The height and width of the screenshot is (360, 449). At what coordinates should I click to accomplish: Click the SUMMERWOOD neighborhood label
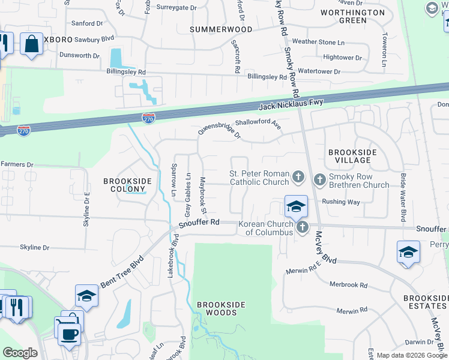(x=221, y=29)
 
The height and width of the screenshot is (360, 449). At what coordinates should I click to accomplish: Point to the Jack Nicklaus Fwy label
(x=291, y=105)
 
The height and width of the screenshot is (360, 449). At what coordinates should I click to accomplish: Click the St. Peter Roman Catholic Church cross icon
(x=298, y=177)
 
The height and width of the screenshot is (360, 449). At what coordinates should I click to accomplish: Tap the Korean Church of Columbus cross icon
(x=302, y=227)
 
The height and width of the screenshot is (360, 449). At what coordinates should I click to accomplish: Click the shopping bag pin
(x=31, y=44)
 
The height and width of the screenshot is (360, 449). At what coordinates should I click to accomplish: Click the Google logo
(x=20, y=353)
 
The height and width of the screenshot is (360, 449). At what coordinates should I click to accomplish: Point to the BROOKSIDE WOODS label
(x=221, y=308)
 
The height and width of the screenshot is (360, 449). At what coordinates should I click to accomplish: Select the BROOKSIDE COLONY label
(x=128, y=185)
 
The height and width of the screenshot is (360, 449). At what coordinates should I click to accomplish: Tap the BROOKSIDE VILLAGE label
(x=352, y=157)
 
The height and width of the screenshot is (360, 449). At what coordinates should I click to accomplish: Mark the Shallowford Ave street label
(x=258, y=123)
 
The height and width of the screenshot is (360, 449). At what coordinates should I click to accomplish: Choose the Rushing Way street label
(x=341, y=202)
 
